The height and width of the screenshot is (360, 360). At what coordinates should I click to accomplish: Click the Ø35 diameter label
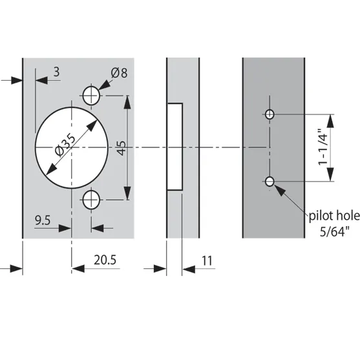(65, 145)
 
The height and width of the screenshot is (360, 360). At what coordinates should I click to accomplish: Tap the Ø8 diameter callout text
(119, 73)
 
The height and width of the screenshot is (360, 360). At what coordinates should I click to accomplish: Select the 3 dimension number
(56, 72)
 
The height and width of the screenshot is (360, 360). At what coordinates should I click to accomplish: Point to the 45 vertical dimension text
(122, 148)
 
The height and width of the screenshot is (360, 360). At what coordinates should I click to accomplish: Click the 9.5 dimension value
(43, 220)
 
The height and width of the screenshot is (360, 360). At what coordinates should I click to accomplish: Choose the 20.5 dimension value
(105, 260)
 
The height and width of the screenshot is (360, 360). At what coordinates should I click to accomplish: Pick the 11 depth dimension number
(207, 261)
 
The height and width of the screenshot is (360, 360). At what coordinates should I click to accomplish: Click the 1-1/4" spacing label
(323, 147)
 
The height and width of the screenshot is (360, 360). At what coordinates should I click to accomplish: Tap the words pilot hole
(334, 216)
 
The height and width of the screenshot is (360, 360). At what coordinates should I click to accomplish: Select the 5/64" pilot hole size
(335, 231)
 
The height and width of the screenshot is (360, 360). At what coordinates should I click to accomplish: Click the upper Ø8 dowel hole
(91, 95)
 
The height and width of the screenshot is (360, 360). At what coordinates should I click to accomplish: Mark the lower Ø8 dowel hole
(91, 200)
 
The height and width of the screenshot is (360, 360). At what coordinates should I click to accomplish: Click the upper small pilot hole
(270, 114)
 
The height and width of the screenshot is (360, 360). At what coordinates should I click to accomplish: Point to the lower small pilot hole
(270, 182)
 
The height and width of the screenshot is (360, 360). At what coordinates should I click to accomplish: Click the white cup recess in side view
(175, 147)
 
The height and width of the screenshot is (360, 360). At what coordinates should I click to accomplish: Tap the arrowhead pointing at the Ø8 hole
(105, 85)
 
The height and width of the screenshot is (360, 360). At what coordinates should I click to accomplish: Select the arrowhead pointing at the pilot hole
(280, 191)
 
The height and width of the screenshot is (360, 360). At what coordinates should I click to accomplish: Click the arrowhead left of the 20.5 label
(78, 268)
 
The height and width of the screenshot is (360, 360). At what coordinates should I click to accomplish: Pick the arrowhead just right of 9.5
(65, 228)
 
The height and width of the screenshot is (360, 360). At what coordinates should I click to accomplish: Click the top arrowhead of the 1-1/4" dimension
(330, 121)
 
